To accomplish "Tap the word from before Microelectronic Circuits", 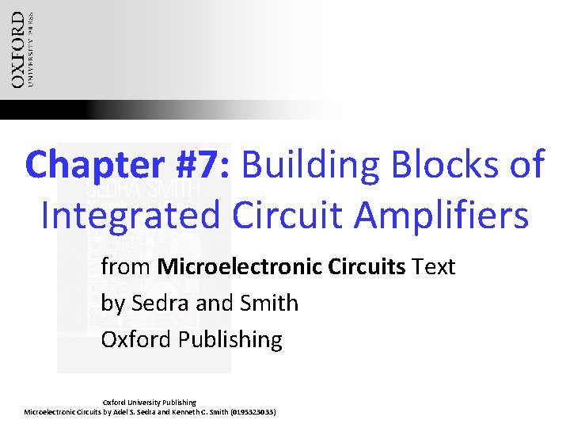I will coord(127,267).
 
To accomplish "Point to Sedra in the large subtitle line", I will coord(157,304).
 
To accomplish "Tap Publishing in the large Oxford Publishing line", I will coord(230,340).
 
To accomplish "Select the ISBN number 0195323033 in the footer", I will coord(252,412).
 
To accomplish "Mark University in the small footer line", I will coord(148,403).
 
